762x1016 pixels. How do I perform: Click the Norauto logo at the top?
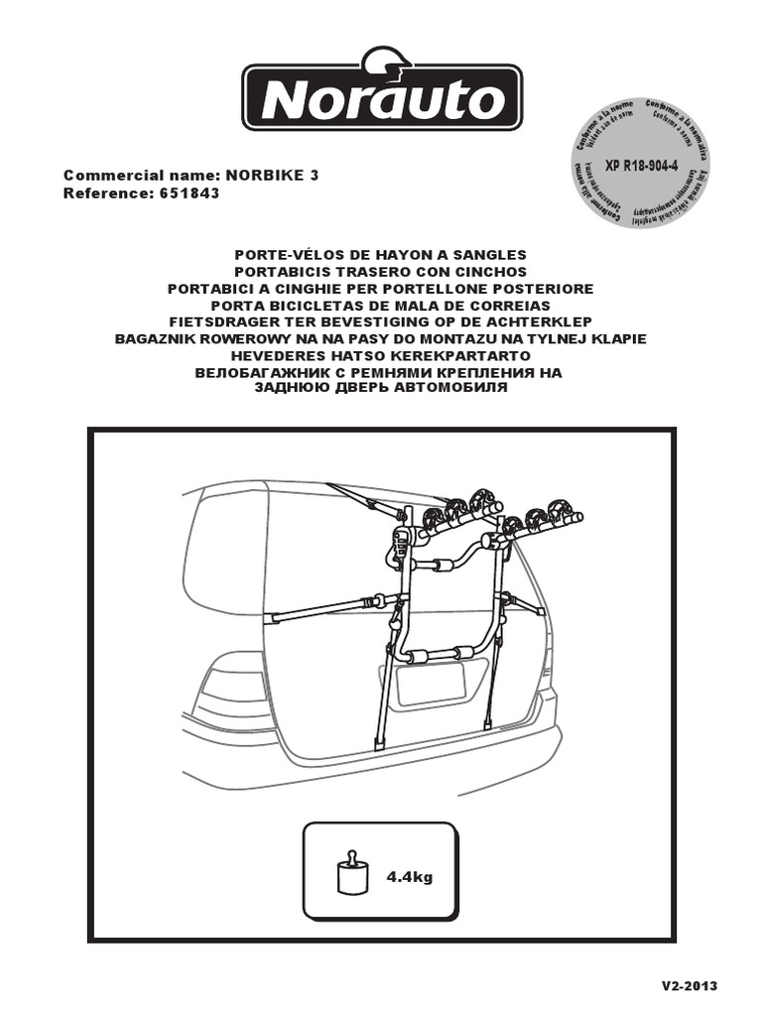coord(382,96)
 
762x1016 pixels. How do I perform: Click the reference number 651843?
coord(189,193)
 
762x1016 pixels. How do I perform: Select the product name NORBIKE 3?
coord(273,176)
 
